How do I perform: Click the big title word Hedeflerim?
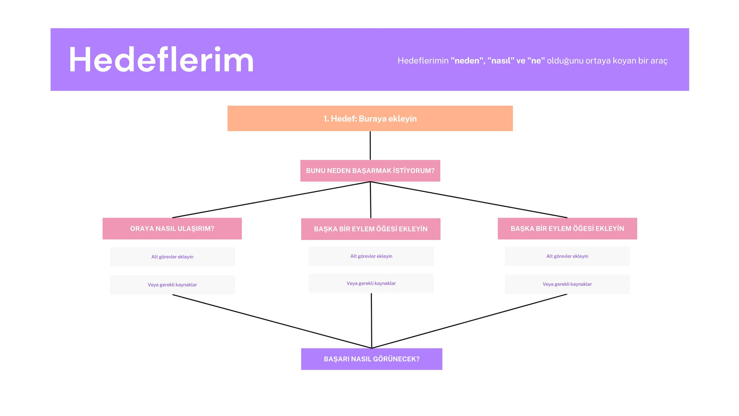click(x=161, y=60)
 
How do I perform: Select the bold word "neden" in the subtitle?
click(x=467, y=61)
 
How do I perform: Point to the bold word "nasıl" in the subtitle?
click(x=501, y=61)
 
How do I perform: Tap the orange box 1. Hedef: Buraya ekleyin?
click(x=370, y=118)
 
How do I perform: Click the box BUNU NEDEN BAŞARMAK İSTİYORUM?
click(x=370, y=171)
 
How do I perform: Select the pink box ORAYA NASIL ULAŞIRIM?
click(x=172, y=228)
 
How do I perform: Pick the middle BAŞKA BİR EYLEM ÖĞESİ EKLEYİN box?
click(x=371, y=229)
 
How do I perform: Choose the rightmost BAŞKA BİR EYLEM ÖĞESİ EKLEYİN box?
click(x=568, y=228)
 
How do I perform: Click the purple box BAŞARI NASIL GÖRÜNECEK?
click(x=372, y=359)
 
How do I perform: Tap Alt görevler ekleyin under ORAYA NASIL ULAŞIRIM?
click(x=172, y=257)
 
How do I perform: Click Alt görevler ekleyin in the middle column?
click(x=371, y=256)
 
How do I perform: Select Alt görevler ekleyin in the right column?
click(x=567, y=256)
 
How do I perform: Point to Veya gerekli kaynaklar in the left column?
click(x=172, y=285)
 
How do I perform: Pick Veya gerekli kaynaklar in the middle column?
click(x=371, y=283)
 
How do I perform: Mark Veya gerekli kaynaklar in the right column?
click(x=567, y=284)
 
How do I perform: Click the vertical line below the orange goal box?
click(x=370, y=146)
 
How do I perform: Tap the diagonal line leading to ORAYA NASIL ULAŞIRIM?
click(x=271, y=200)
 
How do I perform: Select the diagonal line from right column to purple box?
click(x=469, y=321)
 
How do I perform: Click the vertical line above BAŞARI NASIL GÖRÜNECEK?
click(x=371, y=321)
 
